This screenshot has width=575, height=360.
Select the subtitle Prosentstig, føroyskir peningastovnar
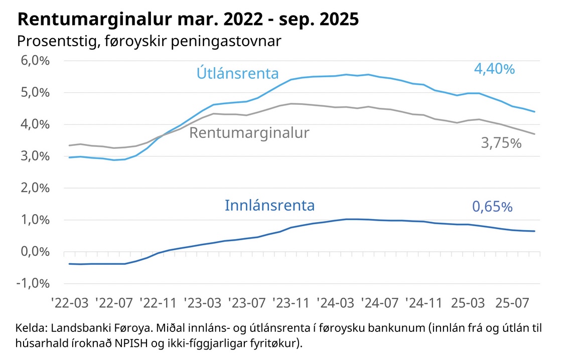tap(149, 41)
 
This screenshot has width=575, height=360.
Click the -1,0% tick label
tap(35, 283)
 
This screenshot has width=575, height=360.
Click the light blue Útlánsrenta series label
tap(237, 74)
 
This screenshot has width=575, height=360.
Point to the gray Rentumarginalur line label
tap(249, 133)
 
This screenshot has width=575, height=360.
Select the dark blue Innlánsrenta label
tap(269, 205)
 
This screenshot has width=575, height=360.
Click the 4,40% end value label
tap(494, 69)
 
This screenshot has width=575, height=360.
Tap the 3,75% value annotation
tap(501, 143)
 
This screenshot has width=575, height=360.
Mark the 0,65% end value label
tap(492, 207)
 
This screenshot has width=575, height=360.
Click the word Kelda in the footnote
tap(31, 329)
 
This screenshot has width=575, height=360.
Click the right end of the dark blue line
tap(535, 231)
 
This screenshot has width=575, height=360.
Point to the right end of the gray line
tap(535, 134)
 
